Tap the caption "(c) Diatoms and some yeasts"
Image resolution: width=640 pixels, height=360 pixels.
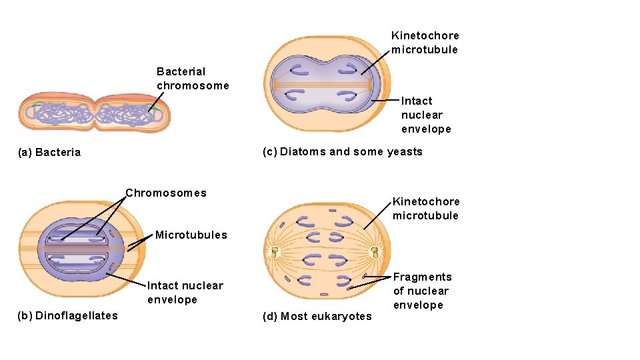click(343, 152)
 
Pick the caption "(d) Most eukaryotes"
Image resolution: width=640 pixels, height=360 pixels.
click(317, 316)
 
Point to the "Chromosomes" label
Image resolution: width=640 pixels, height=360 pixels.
click(166, 193)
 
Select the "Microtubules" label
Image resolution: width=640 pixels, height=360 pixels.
click(191, 235)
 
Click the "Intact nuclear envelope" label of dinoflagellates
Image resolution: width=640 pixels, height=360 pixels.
click(185, 293)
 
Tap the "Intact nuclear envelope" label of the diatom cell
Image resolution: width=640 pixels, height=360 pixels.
click(426, 115)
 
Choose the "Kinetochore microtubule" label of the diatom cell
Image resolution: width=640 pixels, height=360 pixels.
click(425, 43)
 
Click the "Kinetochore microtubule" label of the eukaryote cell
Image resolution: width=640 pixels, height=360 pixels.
click(426, 209)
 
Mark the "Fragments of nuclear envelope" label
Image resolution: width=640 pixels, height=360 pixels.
click(422, 291)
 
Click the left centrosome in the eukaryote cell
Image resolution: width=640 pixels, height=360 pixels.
click(275, 253)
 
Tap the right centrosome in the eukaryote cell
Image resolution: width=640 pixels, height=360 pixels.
click(375, 253)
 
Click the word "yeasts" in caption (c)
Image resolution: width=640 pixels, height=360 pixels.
click(405, 152)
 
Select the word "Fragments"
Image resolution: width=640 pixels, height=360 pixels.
click(422, 277)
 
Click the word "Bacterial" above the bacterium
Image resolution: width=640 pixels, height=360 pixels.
click(181, 71)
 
